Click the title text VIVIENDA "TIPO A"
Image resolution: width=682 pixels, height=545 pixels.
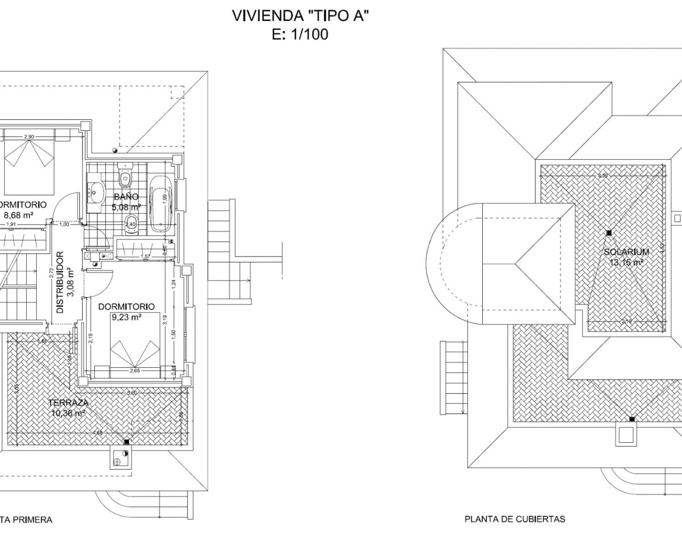click(x=300, y=16)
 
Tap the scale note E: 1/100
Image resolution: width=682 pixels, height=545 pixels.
click(x=300, y=35)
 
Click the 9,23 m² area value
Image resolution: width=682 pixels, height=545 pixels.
click(x=126, y=317)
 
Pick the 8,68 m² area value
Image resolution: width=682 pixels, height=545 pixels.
click(x=19, y=215)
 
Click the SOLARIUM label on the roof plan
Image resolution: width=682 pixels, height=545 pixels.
click(x=626, y=252)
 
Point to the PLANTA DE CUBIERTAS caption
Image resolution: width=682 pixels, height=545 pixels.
click(x=515, y=519)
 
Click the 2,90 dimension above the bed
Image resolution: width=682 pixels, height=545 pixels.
click(x=29, y=137)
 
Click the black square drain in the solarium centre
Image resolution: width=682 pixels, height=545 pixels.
click(x=608, y=233)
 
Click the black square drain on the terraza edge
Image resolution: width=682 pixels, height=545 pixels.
click(x=126, y=441)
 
